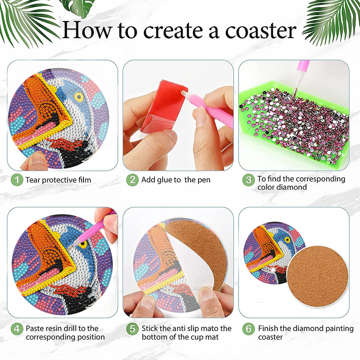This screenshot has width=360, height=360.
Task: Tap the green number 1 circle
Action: point(17,180)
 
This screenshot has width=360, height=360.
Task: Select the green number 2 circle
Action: point(132,180)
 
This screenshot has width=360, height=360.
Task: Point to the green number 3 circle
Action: point(249,180)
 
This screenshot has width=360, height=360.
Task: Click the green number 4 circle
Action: point(17,329)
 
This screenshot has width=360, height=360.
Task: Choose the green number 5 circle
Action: point(132,329)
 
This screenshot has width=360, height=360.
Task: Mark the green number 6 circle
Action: point(249,329)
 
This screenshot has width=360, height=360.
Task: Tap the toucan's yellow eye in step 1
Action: point(78,97)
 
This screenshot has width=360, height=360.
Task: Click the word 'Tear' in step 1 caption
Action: point(33,180)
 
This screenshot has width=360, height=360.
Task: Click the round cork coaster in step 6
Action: point(318,277)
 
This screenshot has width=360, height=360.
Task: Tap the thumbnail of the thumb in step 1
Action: point(36,158)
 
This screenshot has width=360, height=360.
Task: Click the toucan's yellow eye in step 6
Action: point(287,240)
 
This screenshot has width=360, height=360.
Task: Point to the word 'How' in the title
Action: point(87,30)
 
